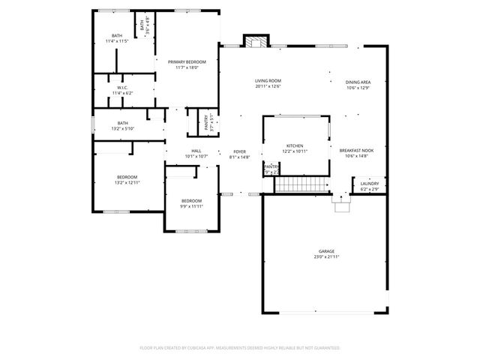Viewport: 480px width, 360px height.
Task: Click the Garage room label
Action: click(x=325, y=252)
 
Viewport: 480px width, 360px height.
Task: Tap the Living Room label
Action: click(x=268, y=81)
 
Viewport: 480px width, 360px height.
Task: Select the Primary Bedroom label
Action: click(x=187, y=61)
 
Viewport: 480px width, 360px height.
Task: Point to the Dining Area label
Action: click(x=358, y=82)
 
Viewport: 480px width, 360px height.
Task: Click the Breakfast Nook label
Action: click(x=357, y=151)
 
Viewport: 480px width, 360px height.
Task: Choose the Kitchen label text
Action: click(x=295, y=145)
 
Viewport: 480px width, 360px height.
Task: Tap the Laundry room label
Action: click(x=370, y=184)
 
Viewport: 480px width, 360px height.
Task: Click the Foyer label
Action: click(x=239, y=151)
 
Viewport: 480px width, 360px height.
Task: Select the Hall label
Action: click(x=196, y=151)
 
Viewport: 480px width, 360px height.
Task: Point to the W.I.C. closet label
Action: click(x=122, y=88)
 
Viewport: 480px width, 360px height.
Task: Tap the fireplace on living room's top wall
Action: click(x=257, y=41)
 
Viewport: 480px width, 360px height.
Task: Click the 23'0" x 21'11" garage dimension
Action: click(x=325, y=257)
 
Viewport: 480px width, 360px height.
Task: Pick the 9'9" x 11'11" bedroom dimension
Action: click(x=191, y=206)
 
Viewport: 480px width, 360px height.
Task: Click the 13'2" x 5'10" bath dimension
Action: click(x=122, y=128)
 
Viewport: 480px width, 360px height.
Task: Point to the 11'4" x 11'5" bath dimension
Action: click(x=117, y=40)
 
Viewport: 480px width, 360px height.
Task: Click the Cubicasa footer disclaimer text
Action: click(x=240, y=348)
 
